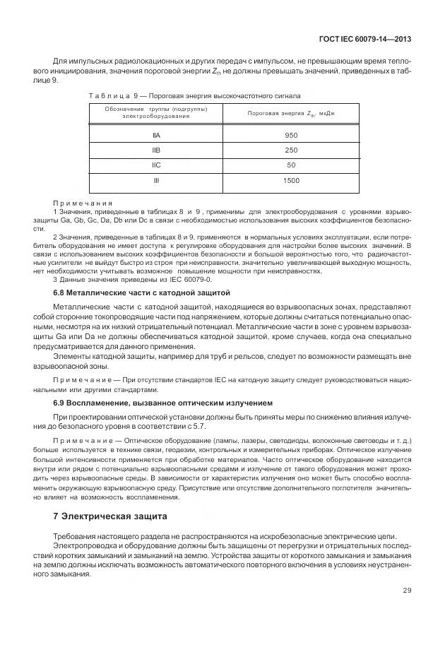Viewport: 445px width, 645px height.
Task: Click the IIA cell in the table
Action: click(x=156, y=134)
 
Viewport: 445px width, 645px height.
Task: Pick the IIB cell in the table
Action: click(x=156, y=150)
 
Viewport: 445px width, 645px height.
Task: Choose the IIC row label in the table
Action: click(x=156, y=165)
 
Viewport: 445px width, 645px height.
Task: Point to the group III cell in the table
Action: click(x=156, y=180)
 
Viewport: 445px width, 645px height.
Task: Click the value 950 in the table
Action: click(x=291, y=134)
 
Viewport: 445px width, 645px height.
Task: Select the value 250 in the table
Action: click(x=291, y=150)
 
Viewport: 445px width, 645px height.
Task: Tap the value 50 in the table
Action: click(x=291, y=165)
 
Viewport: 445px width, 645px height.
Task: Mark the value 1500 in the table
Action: click(x=291, y=180)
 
